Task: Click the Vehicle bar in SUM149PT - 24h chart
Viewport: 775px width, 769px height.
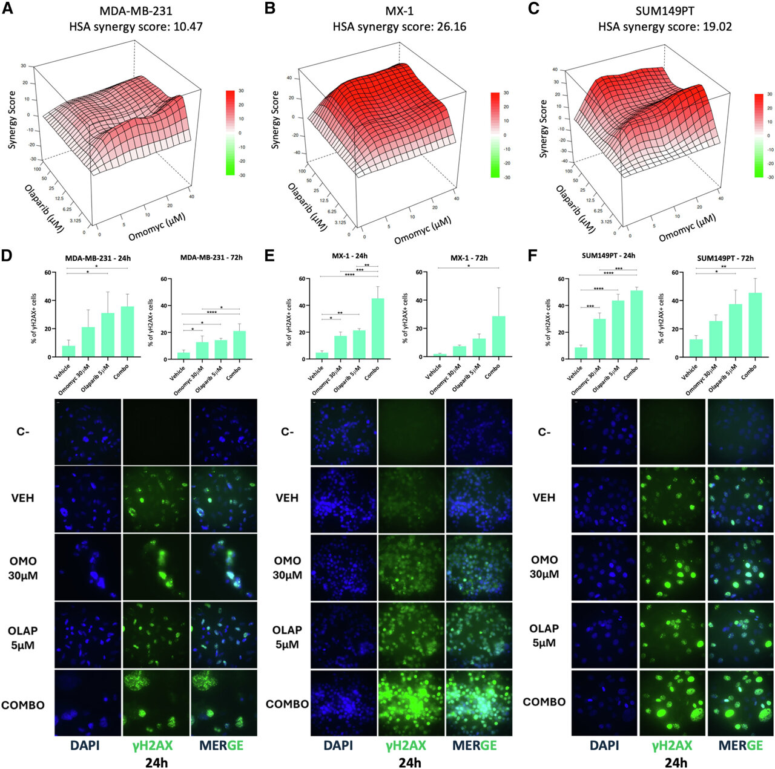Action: pos(581,353)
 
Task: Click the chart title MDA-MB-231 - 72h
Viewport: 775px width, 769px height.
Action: pos(211,258)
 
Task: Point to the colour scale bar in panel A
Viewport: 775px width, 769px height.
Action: pos(230,133)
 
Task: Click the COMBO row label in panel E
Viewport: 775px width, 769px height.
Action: pos(287,704)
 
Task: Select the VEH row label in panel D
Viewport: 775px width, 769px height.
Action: pos(22,498)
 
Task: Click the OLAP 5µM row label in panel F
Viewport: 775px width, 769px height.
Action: pos(544,635)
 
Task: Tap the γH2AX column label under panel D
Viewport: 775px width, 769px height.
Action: pos(156,746)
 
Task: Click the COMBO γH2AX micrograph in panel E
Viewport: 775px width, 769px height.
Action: pos(411,703)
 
